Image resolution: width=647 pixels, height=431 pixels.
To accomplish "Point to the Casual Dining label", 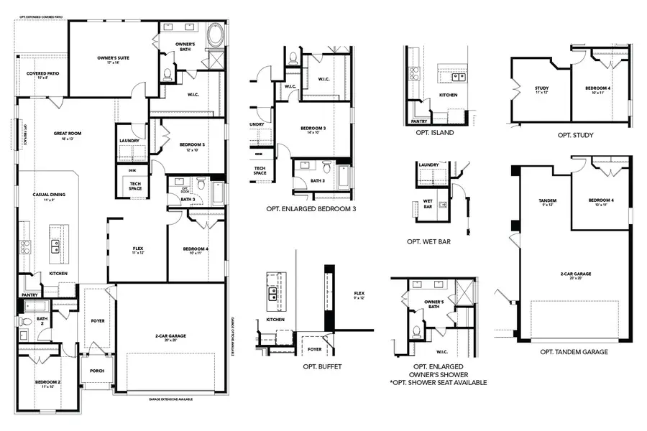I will [45, 196].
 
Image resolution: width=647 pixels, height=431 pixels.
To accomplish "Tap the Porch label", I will [96, 371].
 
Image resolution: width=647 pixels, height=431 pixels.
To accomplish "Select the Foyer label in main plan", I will [97, 321].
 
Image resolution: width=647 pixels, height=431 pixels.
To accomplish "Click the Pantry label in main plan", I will [29, 295].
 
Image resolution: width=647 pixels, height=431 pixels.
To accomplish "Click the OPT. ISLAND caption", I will [434, 132].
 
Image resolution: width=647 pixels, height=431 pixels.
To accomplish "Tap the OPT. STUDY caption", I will [575, 134].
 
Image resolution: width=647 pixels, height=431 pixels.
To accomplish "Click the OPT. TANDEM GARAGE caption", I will [574, 352].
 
